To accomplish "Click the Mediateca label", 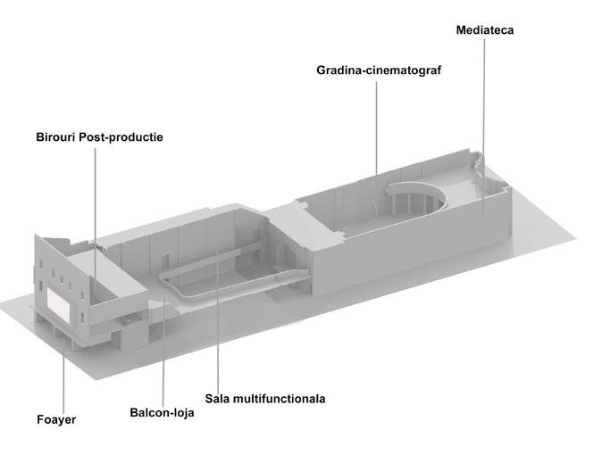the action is point(484,30).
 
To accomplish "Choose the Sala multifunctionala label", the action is point(264,397).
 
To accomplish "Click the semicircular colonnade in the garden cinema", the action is point(406,201).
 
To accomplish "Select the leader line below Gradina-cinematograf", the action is point(376,125).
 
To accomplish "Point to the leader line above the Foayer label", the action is point(63,379).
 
